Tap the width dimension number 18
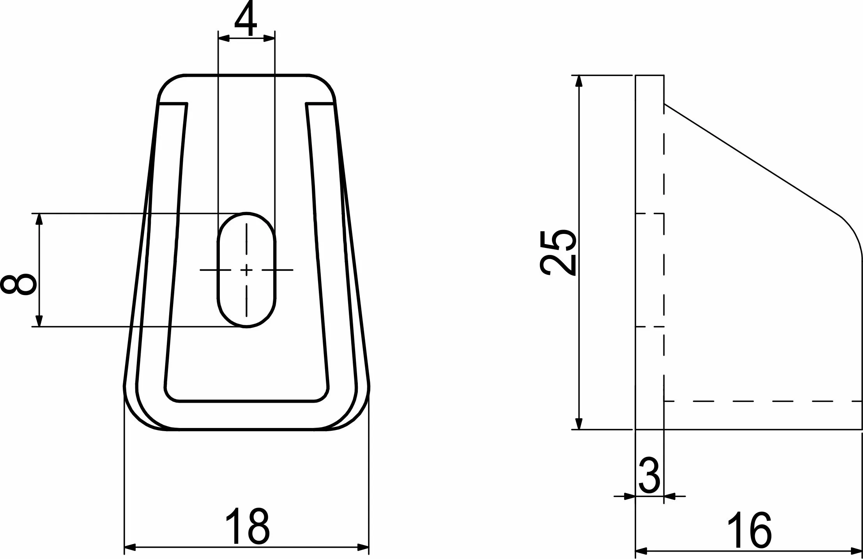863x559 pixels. [247, 526]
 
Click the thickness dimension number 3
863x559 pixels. [649, 476]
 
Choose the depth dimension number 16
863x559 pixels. [749, 530]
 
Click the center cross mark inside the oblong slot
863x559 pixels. [246, 270]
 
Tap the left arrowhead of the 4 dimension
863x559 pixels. [224, 38]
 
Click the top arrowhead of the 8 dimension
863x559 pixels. [39, 219]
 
